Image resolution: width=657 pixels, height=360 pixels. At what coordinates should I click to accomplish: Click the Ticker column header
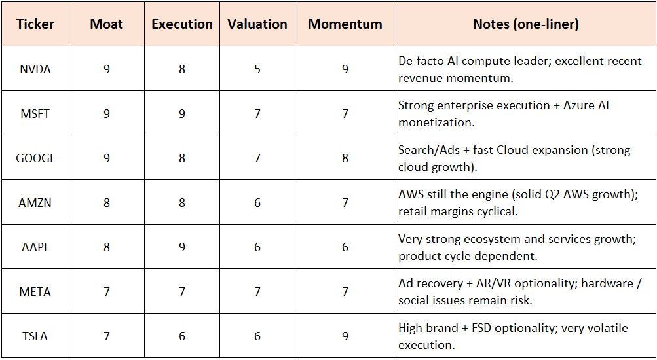coord(35,24)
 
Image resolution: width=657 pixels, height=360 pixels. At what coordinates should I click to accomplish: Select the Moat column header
coord(107,24)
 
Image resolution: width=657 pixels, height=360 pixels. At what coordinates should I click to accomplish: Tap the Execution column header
coord(182,24)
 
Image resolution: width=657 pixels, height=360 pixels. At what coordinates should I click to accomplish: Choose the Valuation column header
coord(257,24)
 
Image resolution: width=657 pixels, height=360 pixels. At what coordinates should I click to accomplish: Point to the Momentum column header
coord(345,24)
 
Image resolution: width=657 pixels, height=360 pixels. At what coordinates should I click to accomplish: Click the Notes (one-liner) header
coord(525,24)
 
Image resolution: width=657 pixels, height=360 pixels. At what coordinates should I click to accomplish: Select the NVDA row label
coord(35,69)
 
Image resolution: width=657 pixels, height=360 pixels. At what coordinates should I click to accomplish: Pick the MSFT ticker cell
coord(35,113)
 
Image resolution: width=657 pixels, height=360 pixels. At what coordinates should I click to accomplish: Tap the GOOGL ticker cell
coord(35,158)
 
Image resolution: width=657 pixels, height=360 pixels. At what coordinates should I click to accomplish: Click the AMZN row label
coord(35,202)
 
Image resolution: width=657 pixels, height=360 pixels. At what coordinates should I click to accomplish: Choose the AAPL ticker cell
coord(35,247)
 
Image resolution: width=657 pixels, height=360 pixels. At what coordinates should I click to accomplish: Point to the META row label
coord(35,291)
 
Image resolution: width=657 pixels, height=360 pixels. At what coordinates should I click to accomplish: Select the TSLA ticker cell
coord(35,336)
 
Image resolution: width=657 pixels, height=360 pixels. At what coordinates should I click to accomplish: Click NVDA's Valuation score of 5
coord(257,69)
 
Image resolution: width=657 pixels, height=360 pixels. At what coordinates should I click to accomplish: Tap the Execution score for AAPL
coord(182,247)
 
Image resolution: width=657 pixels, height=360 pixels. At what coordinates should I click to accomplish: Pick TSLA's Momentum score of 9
coord(345,336)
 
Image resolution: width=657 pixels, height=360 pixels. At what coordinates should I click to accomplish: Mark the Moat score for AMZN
coord(107,202)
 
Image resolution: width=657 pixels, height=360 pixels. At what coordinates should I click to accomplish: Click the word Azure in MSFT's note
coord(579,105)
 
